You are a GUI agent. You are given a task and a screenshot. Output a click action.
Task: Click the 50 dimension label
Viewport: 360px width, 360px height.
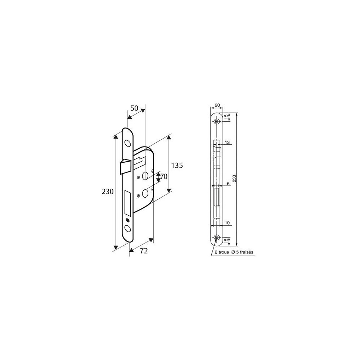[134, 108]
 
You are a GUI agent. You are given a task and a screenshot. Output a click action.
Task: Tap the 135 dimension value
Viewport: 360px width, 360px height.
[177, 165]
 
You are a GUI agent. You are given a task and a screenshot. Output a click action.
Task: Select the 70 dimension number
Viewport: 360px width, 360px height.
[164, 176]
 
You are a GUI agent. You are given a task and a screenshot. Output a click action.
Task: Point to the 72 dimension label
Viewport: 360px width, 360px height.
[144, 251]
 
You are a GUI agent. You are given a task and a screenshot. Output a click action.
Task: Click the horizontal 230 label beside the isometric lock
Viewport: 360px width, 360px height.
[108, 192]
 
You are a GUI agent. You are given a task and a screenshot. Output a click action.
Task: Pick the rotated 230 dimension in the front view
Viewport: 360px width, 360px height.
[234, 179]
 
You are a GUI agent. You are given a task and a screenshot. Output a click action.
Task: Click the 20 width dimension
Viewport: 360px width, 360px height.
[217, 105]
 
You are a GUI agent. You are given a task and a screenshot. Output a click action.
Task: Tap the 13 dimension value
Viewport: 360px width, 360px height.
[227, 143]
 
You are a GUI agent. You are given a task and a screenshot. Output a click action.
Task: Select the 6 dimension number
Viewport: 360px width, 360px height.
[228, 184]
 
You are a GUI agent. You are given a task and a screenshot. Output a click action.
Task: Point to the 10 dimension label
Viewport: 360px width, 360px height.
[227, 223]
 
